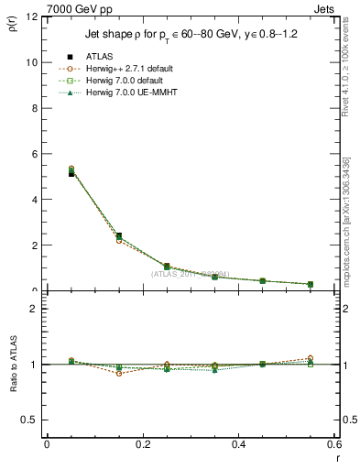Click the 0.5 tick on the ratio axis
[x=29, y=420]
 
